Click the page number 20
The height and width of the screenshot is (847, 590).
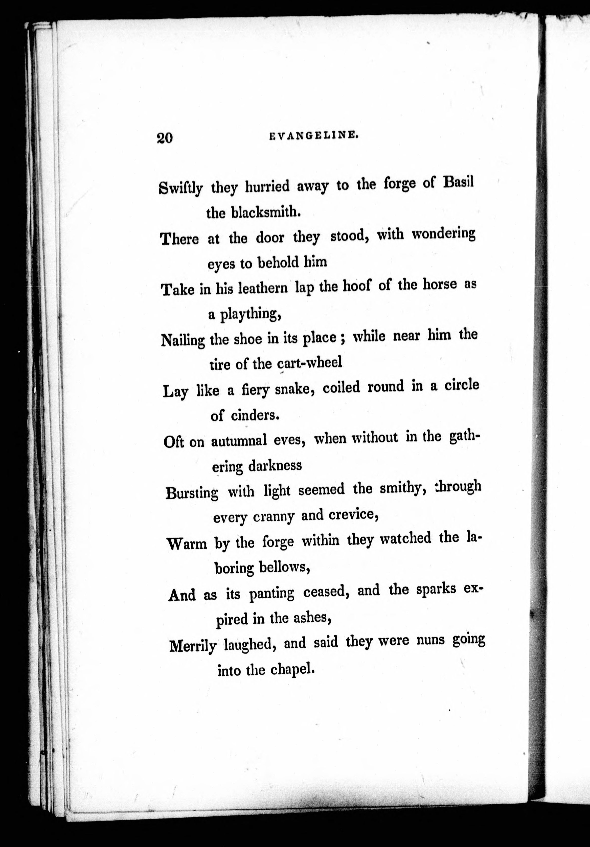coord(165,138)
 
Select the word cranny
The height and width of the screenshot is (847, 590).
coord(274,517)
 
